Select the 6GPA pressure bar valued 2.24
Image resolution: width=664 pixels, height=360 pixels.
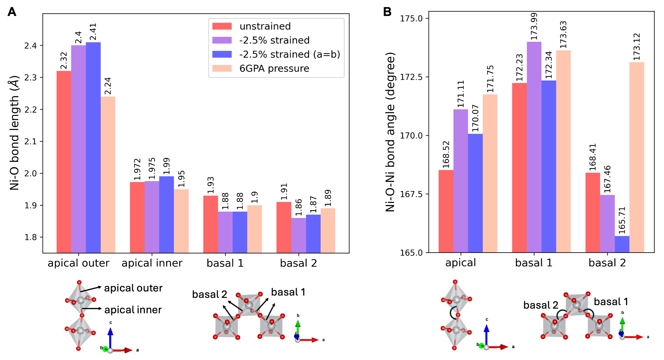[x=108, y=174]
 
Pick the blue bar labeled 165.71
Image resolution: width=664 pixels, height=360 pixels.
[x=622, y=244]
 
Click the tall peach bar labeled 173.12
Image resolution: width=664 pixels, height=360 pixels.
[x=637, y=157]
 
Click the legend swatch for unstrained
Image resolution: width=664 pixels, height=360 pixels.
[x=222, y=26]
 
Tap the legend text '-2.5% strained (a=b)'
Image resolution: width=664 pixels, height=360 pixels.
[x=290, y=54]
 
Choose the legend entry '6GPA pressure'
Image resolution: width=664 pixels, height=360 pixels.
[x=274, y=69]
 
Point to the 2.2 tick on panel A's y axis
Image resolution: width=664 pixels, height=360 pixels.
[x=30, y=110]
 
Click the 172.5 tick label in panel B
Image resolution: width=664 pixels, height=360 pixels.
[x=411, y=77]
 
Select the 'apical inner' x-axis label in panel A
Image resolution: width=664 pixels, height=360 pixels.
[x=152, y=263]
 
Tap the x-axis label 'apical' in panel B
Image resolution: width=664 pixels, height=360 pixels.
[x=461, y=263]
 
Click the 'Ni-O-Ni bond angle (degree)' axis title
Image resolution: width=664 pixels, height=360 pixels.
[x=390, y=132]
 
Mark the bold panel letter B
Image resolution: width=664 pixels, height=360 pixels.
[x=387, y=12]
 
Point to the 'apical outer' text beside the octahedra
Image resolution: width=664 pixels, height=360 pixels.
[x=133, y=288]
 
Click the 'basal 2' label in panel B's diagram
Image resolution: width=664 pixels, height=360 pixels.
[x=541, y=305]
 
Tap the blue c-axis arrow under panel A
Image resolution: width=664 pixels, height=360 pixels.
[x=110, y=337]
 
